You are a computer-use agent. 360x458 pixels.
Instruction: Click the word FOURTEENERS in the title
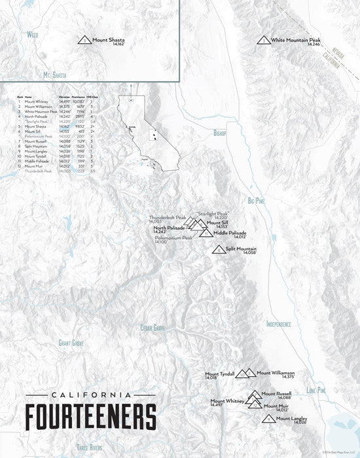click(x=90, y=416)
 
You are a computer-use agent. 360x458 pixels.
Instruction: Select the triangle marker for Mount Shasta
click(x=84, y=41)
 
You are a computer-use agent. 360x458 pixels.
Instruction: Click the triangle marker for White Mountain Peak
click(x=263, y=41)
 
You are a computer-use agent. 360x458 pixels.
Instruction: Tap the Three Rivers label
click(x=90, y=448)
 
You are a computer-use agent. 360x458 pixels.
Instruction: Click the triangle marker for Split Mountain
click(x=219, y=249)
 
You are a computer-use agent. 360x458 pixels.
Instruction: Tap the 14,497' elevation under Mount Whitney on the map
click(x=218, y=406)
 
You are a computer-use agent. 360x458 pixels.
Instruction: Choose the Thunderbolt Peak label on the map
click(x=168, y=217)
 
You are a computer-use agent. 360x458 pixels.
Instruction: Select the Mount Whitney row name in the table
click(x=37, y=102)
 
